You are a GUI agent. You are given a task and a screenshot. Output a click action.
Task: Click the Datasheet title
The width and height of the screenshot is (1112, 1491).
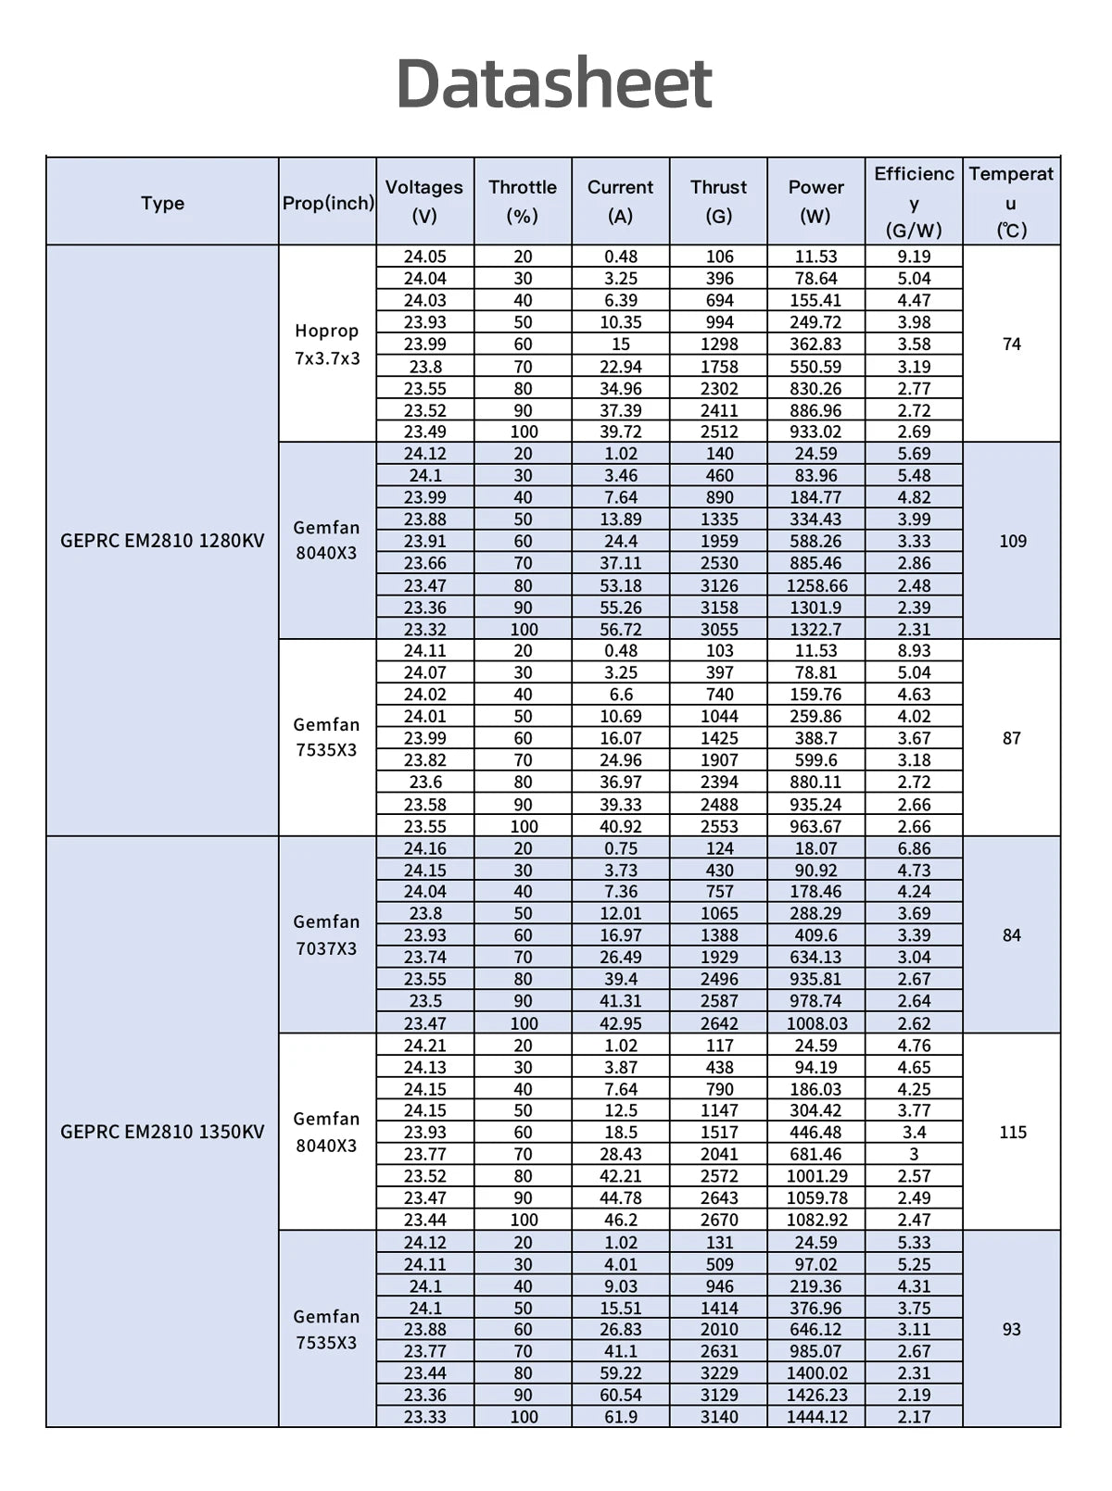tap(554, 83)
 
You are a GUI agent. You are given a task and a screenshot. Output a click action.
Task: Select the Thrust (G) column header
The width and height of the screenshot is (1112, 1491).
tap(718, 201)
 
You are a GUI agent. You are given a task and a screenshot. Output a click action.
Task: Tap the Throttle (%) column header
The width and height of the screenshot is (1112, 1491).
tap(523, 201)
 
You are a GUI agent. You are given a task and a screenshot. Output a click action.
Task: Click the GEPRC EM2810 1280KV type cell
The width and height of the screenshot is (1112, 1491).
tap(162, 541)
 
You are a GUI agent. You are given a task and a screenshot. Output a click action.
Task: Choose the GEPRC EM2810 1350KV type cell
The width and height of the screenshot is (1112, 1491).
tap(162, 1132)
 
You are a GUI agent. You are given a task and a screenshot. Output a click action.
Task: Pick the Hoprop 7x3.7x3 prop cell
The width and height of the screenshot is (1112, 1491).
tap(327, 344)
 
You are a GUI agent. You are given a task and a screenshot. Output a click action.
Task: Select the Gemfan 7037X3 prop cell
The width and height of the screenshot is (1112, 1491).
tap(327, 934)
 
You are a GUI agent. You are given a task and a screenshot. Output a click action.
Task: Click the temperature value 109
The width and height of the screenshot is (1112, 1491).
tap(1012, 541)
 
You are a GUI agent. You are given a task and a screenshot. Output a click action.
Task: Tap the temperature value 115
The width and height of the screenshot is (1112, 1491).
tap(1012, 1132)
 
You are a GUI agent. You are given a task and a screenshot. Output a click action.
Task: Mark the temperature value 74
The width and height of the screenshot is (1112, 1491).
tap(1012, 344)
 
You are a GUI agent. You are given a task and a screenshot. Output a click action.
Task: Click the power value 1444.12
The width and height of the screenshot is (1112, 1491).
tap(816, 1417)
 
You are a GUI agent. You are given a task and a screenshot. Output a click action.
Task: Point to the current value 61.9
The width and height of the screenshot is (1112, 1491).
tap(621, 1417)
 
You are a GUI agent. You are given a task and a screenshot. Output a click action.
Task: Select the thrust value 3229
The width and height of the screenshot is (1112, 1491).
tap(719, 1372)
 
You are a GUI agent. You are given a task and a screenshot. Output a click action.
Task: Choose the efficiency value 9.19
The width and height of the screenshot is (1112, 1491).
tap(914, 257)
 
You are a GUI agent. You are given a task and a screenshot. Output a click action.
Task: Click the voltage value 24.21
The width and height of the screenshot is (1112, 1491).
tap(425, 1046)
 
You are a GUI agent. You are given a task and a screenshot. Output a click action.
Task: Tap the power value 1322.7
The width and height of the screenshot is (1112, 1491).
tap(816, 629)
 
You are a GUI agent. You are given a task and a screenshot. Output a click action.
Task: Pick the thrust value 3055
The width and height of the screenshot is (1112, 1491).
tap(719, 629)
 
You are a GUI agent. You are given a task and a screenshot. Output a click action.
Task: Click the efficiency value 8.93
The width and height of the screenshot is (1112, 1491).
tap(914, 651)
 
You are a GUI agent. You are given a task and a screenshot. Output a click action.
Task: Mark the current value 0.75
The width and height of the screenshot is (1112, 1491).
tap(621, 848)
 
